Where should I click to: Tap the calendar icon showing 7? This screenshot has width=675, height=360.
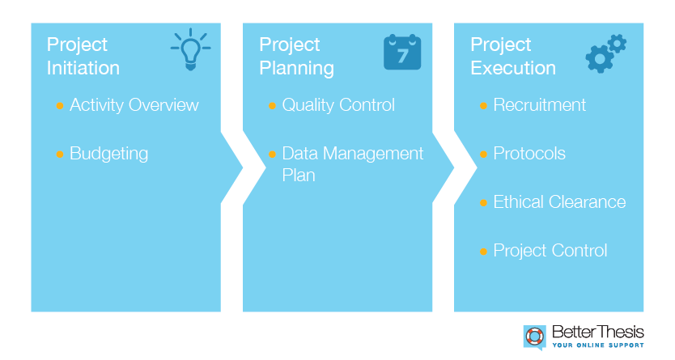coord(402,52)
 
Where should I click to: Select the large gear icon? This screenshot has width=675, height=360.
coord(599,58)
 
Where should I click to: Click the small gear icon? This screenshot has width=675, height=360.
coord(618,44)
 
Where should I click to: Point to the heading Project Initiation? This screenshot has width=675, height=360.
coord(83,57)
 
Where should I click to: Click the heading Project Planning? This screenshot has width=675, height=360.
coord(296,57)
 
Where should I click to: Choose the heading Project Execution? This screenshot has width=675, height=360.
coord(513,57)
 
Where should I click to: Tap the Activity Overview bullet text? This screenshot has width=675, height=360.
coord(134,105)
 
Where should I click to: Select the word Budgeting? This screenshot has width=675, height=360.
coord(109,154)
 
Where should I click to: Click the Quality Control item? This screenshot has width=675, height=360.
coord(338,105)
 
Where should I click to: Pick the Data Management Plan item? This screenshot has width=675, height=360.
coord(353,164)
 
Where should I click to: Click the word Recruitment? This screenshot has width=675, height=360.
coord(539,105)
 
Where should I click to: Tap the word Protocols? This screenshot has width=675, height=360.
coord(529,154)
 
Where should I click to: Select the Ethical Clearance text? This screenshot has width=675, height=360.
coord(559,202)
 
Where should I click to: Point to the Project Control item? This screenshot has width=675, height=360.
coord(550,251)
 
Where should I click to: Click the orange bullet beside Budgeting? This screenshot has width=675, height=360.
coord(60,155)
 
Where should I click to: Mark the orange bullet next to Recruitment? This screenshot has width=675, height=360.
coord(483,106)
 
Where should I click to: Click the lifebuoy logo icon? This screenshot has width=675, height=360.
coord(535,337)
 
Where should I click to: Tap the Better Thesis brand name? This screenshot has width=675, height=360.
coord(598,332)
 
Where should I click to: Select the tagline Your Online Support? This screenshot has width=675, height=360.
coord(598,345)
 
